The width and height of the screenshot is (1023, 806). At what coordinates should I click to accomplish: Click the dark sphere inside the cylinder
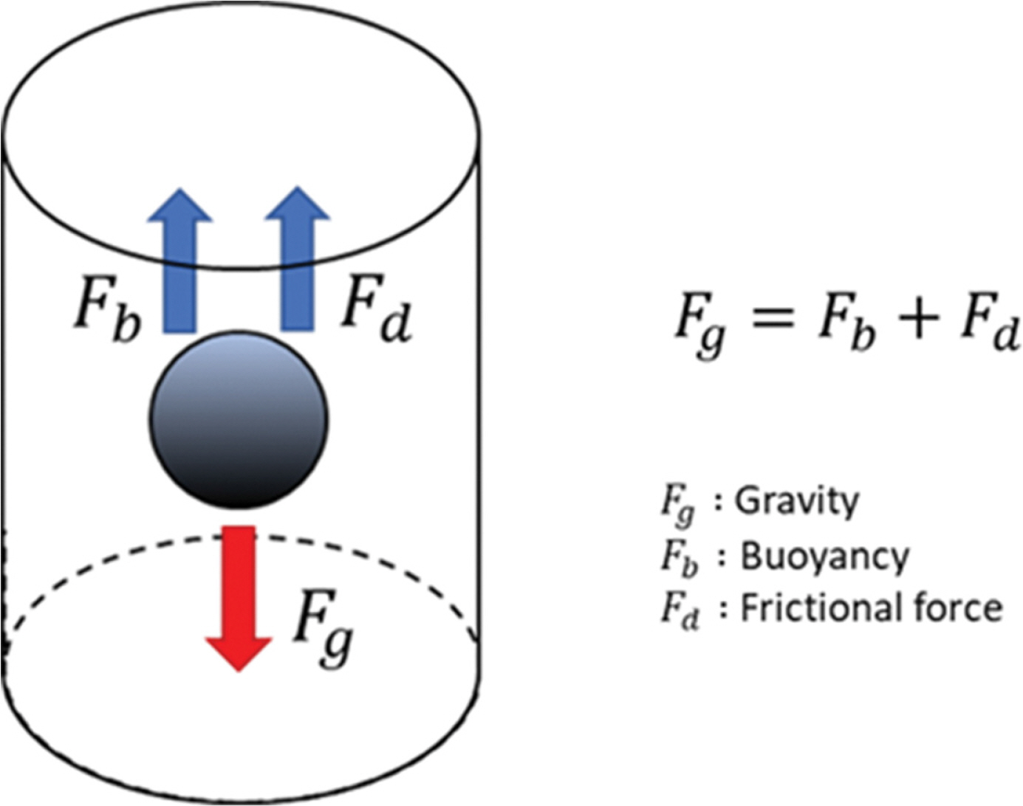pyautogui.click(x=239, y=419)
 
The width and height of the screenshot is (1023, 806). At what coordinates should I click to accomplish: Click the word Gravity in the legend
pyautogui.click(x=798, y=502)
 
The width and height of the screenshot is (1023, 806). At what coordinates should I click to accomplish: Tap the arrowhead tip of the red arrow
pyautogui.click(x=239, y=668)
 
